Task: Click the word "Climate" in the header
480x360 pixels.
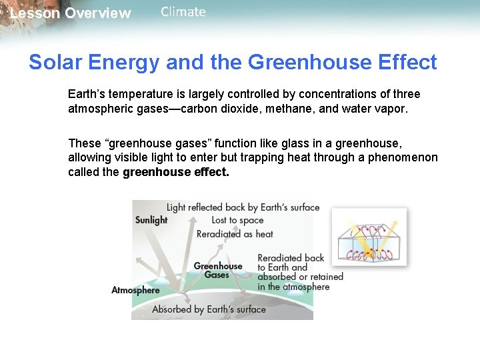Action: point(183,12)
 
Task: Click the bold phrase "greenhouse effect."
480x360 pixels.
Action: point(176,172)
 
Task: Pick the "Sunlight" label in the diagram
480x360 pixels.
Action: point(151,220)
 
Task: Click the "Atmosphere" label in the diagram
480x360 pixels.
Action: point(135,290)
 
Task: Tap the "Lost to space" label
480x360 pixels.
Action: point(237,221)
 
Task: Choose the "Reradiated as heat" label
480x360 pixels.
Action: point(235,234)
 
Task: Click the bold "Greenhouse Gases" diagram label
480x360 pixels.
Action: point(217,270)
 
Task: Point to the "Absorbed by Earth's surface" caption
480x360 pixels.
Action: point(209,309)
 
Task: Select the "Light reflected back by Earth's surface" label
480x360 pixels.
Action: point(243,207)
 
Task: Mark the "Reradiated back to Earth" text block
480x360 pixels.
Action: point(300,272)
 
